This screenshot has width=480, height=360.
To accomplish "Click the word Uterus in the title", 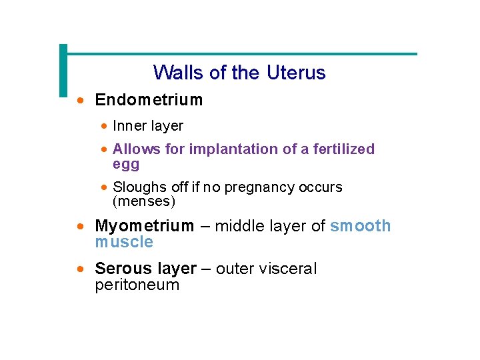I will [296, 72].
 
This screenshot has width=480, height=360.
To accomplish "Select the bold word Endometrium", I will [149, 100].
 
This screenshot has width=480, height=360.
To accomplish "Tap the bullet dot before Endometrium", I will [80, 101].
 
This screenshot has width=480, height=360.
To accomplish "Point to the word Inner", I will [129, 125].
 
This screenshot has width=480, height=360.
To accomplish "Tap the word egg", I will [126, 164].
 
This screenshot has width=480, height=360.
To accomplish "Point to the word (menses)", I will [144, 201].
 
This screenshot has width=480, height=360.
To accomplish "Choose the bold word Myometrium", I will [145, 226].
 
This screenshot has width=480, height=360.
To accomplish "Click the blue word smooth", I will [361, 226].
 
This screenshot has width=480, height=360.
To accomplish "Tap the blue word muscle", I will [124, 242].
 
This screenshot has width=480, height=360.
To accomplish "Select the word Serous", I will [121, 269].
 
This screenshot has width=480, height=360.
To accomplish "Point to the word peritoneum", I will [137, 285].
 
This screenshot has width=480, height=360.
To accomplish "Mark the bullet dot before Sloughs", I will [105, 187].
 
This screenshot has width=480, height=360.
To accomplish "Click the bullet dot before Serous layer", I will [80, 269].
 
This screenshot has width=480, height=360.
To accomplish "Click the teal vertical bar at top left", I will [63, 70].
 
